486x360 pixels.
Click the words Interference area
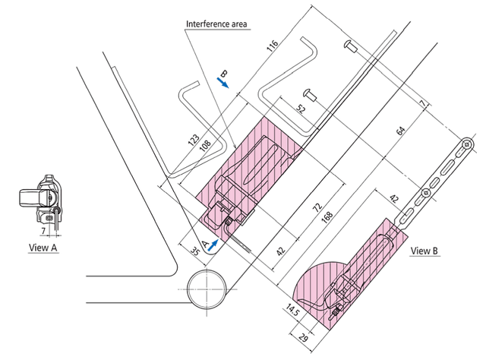[x=216, y=24]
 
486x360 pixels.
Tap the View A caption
[x=43, y=248]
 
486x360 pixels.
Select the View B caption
[x=424, y=251]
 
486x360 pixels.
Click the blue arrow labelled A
[x=213, y=245]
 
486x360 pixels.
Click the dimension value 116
[x=273, y=46]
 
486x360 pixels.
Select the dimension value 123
[x=194, y=140]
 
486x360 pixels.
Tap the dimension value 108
[x=205, y=144]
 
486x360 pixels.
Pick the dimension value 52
[x=301, y=109]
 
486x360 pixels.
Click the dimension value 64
[x=401, y=131]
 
